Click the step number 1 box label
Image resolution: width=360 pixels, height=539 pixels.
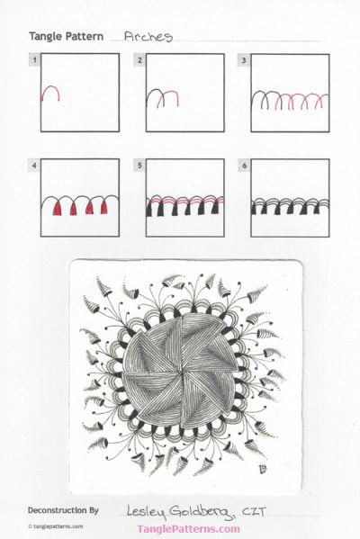tap(33, 60)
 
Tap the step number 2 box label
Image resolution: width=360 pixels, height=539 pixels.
tap(139, 60)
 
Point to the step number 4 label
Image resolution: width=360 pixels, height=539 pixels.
tap(33, 166)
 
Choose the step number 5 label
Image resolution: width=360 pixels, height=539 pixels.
tap(139, 166)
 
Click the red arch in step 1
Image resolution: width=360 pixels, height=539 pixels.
tap(52, 92)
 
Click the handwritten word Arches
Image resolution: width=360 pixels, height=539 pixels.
tap(148, 37)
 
